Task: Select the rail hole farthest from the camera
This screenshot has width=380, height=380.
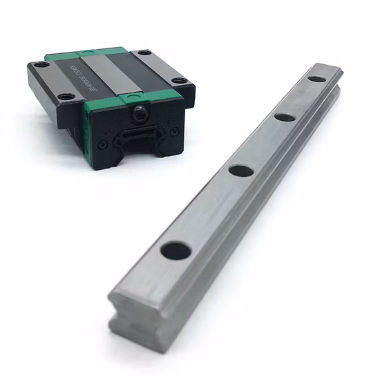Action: click(x=316, y=78)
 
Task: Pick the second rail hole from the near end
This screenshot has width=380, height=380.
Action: click(x=239, y=170)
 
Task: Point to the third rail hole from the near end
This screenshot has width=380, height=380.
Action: click(x=284, y=116)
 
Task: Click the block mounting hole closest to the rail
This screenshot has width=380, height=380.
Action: click(x=179, y=81)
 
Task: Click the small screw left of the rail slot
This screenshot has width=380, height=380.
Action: click(x=104, y=143)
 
